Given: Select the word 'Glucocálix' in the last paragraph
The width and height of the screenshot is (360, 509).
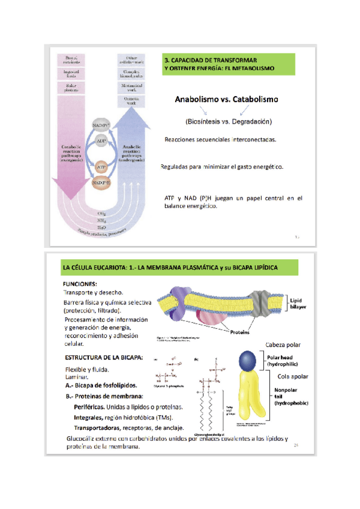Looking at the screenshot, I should click(x=85, y=439).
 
